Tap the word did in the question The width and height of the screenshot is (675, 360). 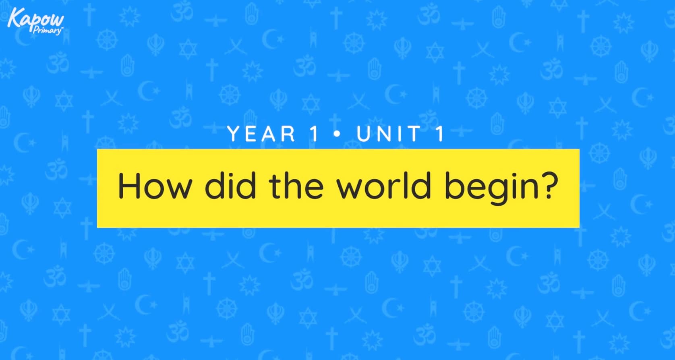(x=230, y=186)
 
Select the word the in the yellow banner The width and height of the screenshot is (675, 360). (x=296, y=186)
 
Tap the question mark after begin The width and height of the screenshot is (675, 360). (x=548, y=185)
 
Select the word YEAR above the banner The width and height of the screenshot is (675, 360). (x=261, y=134)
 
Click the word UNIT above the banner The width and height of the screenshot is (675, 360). (x=388, y=134)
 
